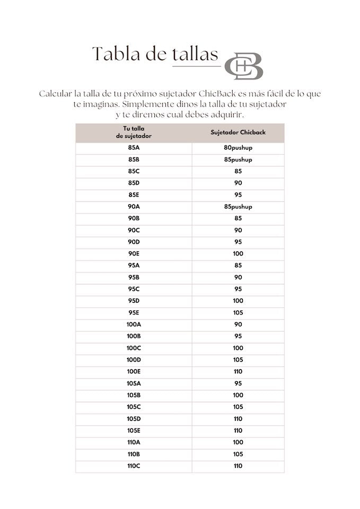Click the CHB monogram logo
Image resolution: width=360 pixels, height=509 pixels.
click(244, 66)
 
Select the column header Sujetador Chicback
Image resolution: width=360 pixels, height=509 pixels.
click(238, 132)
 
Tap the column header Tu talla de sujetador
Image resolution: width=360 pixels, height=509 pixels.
click(134, 132)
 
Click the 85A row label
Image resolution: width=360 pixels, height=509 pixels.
click(134, 148)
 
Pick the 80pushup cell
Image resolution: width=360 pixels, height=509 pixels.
click(238, 148)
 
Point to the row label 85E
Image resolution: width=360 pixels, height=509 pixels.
click(134, 195)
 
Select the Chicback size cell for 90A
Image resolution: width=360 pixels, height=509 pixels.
click(238, 207)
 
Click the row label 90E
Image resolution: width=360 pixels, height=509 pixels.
click(134, 254)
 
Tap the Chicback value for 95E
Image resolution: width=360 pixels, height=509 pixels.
click(238, 313)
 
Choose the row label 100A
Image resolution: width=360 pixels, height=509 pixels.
click(134, 324)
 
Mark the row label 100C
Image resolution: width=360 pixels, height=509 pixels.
click(134, 348)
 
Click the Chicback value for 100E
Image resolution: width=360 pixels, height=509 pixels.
click(238, 372)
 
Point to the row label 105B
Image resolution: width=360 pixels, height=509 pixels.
click(134, 395)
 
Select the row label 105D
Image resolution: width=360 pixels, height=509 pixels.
click(134, 419)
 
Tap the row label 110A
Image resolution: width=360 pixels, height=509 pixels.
click(134, 442)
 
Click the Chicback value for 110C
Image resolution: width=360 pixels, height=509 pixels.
click(238, 466)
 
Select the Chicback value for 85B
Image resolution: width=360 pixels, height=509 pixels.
click(238, 160)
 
